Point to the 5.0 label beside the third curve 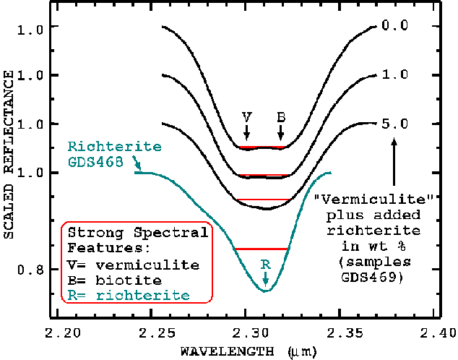[394, 124]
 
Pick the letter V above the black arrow [246, 116]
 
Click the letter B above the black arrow [281, 116]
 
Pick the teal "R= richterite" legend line [129, 295]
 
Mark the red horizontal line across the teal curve [261, 249]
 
